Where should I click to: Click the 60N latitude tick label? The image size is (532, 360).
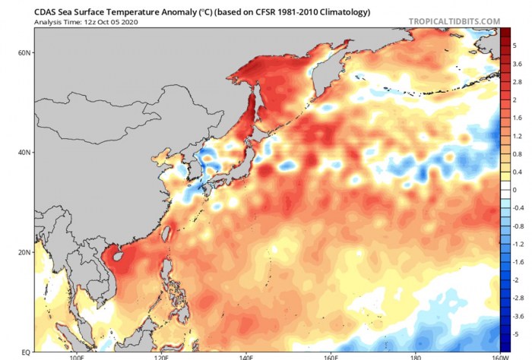(24, 52)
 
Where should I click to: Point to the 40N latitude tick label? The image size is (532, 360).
(24, 153)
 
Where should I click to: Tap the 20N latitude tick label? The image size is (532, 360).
(24, 252)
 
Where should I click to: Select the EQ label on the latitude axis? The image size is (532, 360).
(26, 352)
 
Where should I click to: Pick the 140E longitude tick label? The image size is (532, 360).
(247, 357)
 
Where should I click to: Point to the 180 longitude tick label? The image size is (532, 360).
(413, 357)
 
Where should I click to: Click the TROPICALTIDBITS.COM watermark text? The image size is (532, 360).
(454, 22)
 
